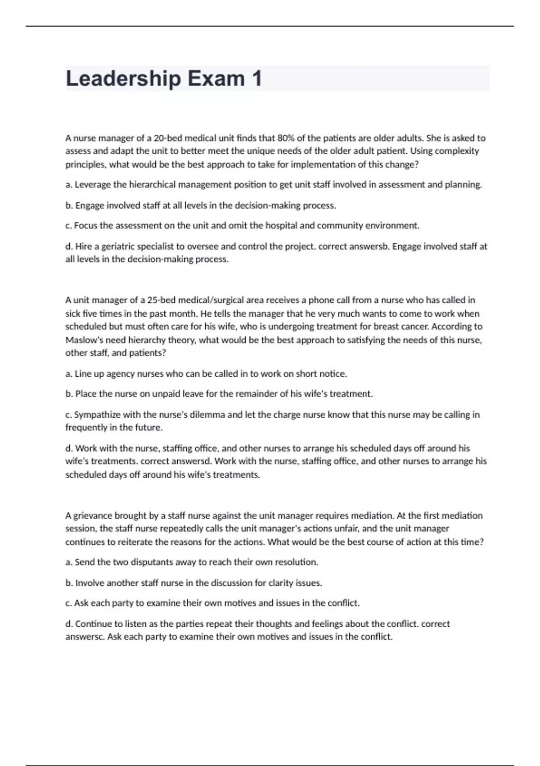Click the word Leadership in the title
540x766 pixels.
(x=123, y=79)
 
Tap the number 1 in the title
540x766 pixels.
(x=257, y=79)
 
